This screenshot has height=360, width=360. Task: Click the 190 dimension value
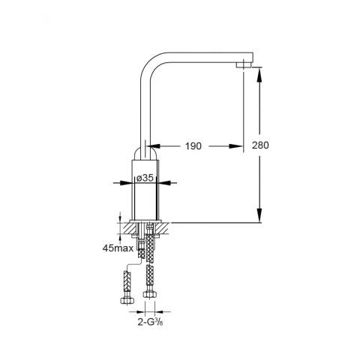(193, 146)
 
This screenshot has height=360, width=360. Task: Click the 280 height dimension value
(260, 145)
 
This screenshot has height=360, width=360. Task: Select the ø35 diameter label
(145, 178)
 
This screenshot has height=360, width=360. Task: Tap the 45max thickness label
(118, 248)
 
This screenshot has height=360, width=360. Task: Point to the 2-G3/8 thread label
(151, 322)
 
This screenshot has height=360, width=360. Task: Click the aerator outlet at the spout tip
(244, 64)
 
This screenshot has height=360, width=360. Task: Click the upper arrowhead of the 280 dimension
(259, 74)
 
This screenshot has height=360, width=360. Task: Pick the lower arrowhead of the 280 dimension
(259, 215)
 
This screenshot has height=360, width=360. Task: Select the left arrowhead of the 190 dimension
(154, 146)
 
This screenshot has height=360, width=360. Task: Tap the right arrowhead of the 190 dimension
(236, 146)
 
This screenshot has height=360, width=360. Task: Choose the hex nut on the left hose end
(127, 300)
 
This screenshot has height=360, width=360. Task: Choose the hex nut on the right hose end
(150, 294)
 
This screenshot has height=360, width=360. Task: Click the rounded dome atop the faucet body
(145, 153)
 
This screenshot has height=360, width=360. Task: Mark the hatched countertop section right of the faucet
(163, 228)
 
